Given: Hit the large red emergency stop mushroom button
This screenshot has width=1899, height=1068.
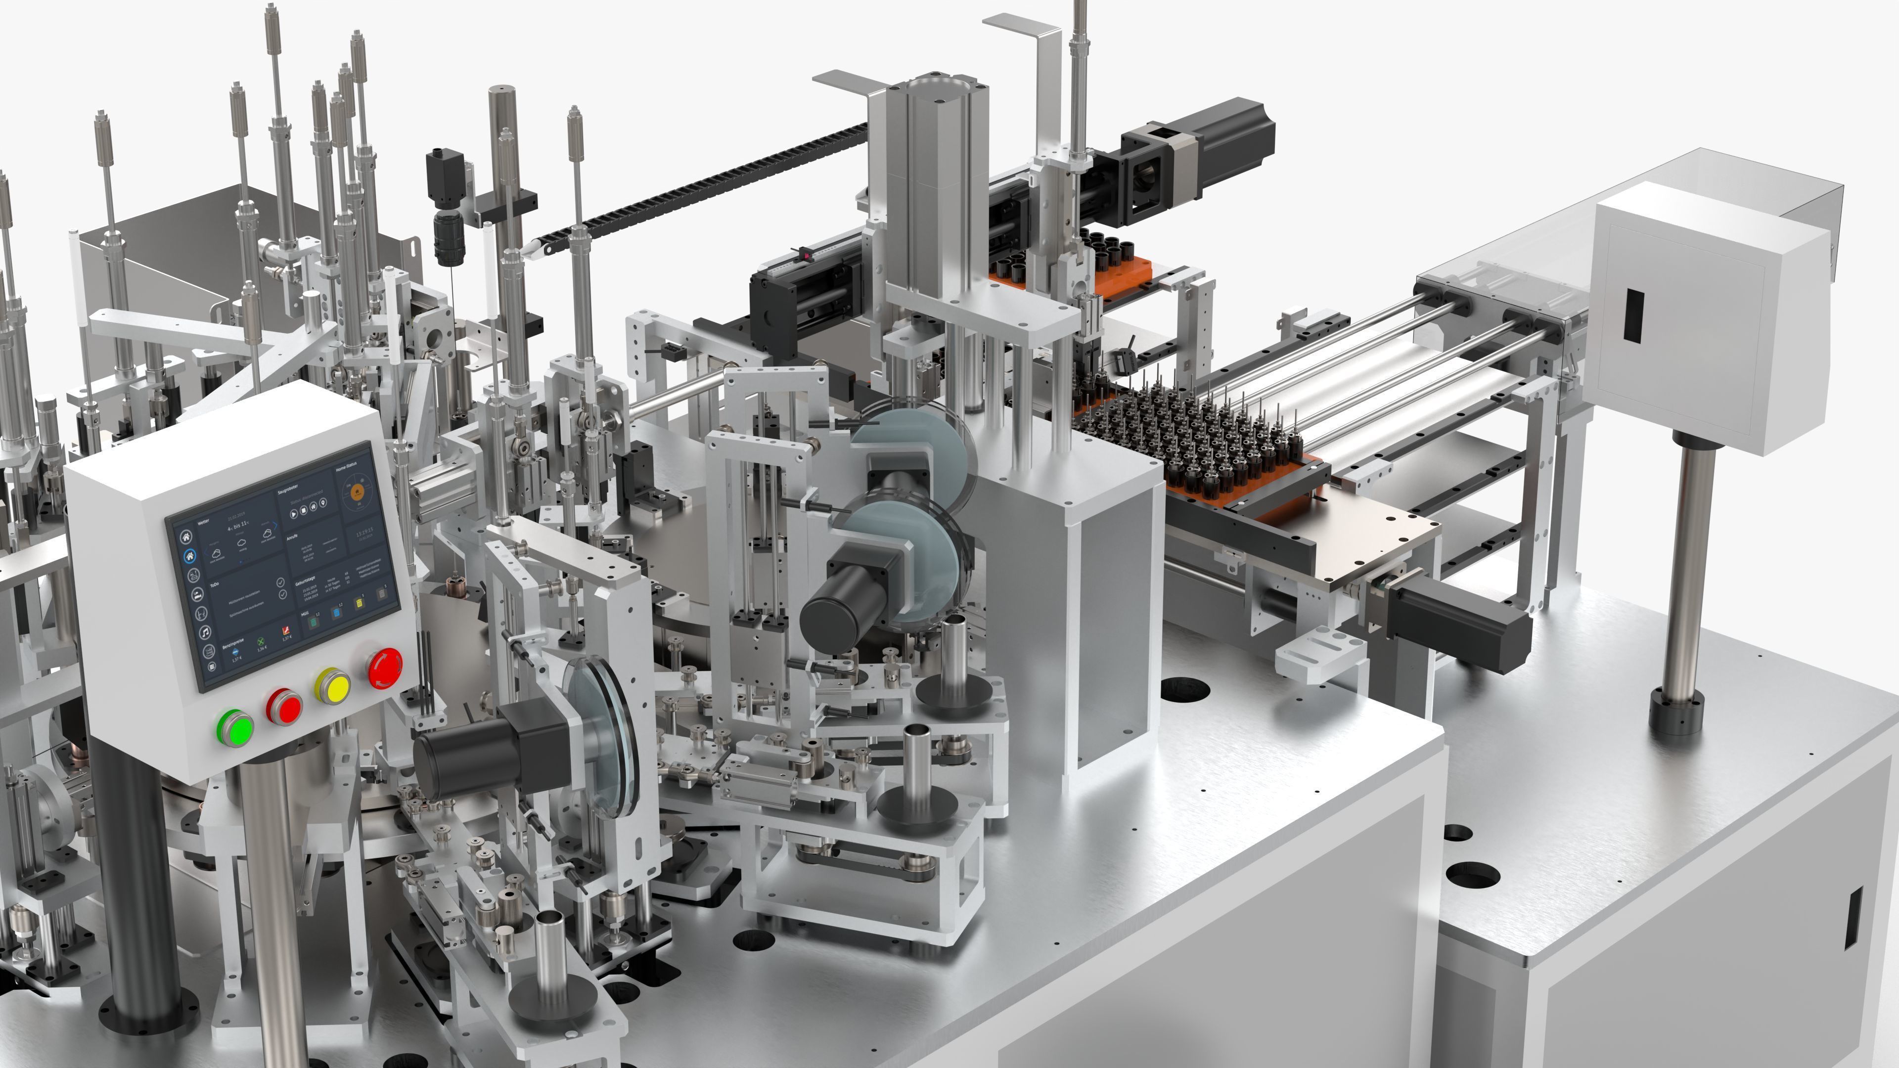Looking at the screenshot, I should tap(385, 667).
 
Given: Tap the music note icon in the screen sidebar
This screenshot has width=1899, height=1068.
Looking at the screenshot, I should tap(206, 632).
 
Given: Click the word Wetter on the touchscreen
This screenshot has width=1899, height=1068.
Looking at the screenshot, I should tap(203, 522).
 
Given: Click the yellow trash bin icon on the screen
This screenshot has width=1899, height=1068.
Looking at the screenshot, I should tap(359, 604).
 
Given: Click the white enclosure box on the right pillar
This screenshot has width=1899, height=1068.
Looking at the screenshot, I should tap(1710, 317).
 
